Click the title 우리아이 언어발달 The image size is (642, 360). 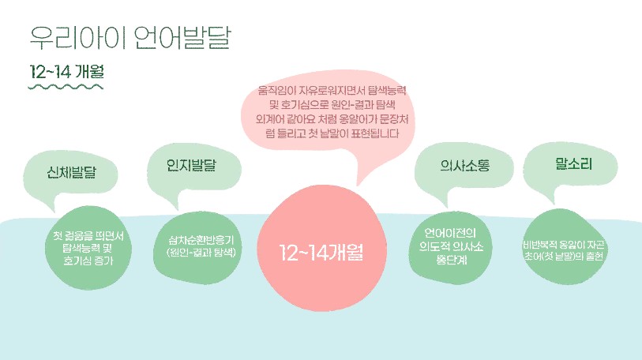click(130, 38)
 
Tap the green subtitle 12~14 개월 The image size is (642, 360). click(67, 72)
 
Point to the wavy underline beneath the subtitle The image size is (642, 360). click(66, 86)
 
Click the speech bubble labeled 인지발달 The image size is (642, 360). click(193, 171)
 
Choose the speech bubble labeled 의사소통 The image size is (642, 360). click(463, 172)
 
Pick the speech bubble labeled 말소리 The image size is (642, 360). click(571, 169)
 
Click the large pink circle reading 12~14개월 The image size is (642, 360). click(321, 248)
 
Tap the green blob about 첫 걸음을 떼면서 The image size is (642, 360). click(88, 248)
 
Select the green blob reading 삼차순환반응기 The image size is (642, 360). click(197, 248)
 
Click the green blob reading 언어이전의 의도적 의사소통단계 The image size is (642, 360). click(450, 247)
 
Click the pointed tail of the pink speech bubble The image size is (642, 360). click(358, 185)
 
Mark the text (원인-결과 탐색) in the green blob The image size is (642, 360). click(201, 253)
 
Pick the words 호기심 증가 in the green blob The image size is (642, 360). click(88, 261)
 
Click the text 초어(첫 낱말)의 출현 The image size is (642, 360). click(564, 257)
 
